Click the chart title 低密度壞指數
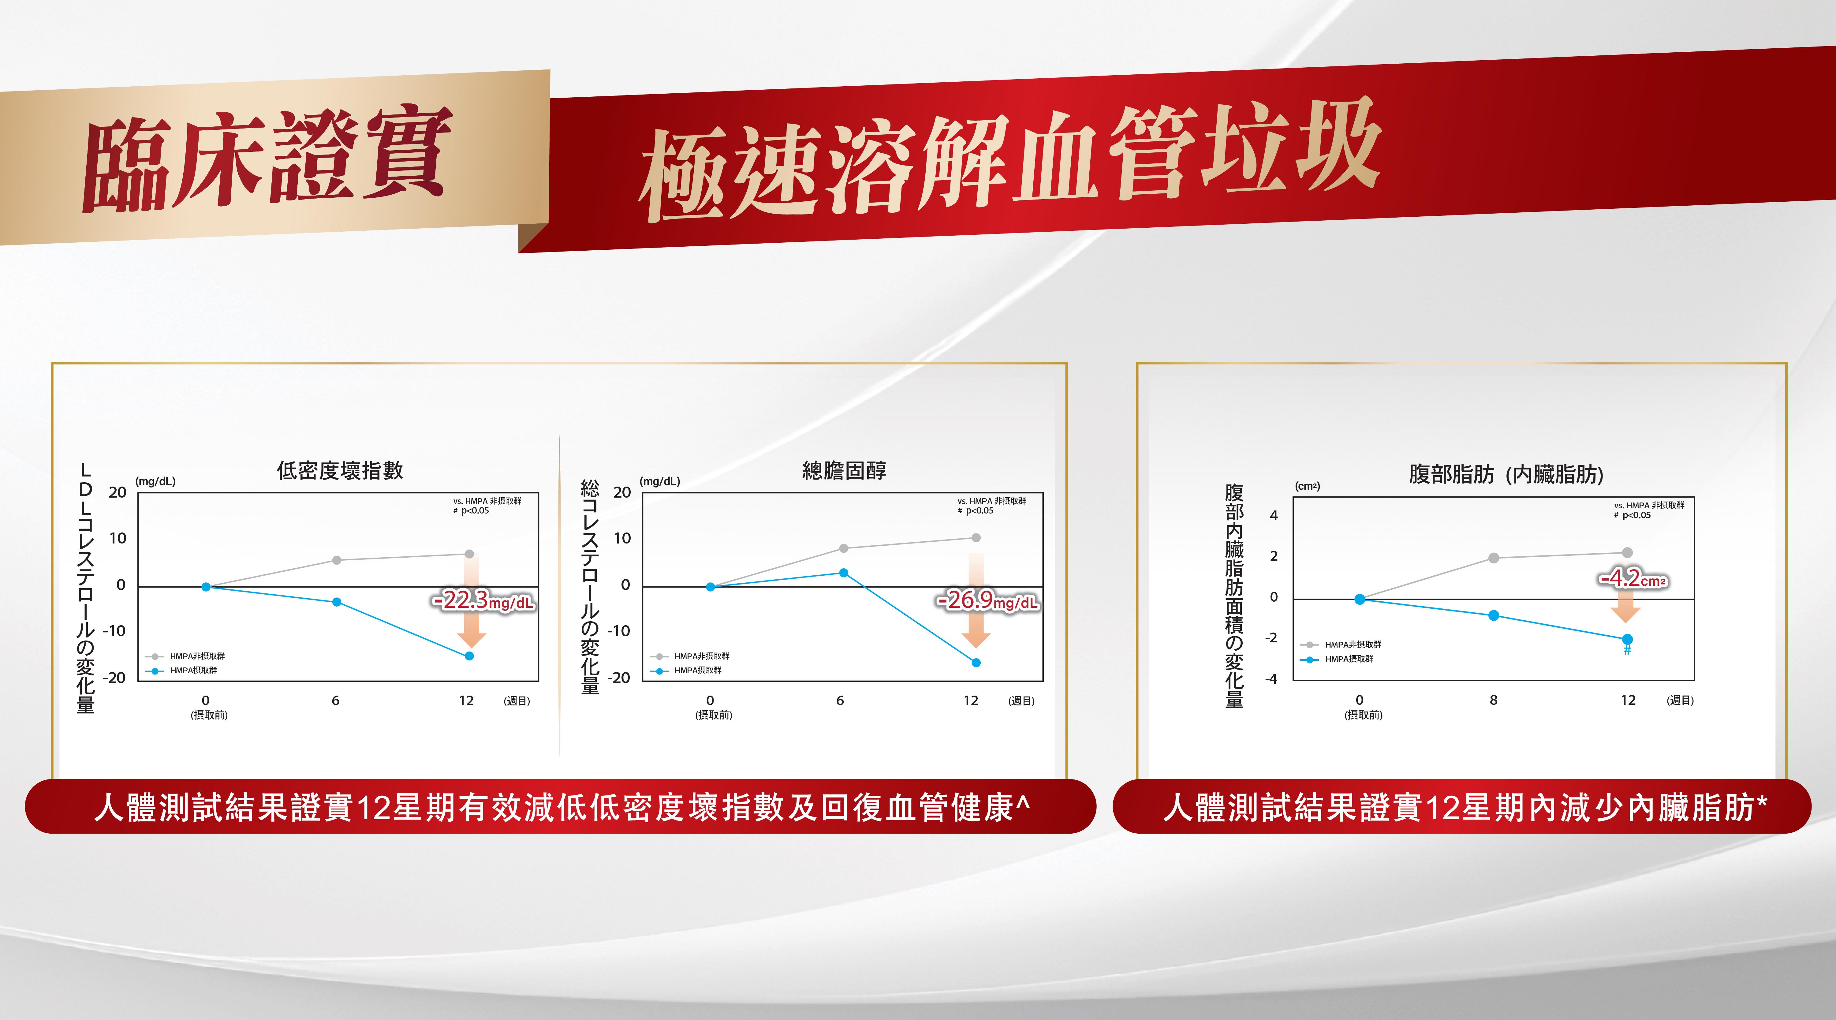[340, 470]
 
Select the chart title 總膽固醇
[845, 470]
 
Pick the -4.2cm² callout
[1632, 578]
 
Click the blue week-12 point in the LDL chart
[469, 656]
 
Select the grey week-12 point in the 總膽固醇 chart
[976, 537]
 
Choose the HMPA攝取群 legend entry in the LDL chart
[182, 671]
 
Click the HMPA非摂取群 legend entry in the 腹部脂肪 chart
[1341, 645]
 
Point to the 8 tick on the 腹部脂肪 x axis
[1493, 700]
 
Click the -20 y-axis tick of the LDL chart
[114, 678]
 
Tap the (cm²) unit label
[1307, 486]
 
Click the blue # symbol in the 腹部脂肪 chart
[1627, 650]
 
